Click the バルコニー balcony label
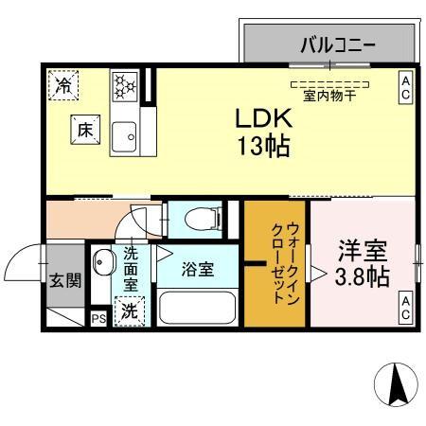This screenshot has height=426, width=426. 339,44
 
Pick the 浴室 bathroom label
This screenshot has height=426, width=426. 199,269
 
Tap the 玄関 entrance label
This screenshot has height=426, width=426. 65,280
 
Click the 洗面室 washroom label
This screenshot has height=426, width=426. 131,268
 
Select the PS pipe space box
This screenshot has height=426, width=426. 98,319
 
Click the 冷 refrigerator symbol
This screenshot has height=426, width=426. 62,86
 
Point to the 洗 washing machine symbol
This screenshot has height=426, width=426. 128,311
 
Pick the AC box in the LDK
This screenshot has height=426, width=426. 404,88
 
